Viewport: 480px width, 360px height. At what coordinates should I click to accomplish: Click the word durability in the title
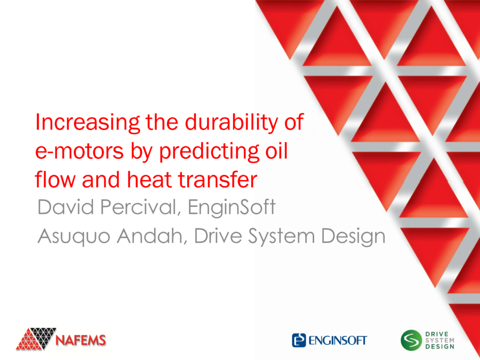pyautogui.click(x=224, y=124)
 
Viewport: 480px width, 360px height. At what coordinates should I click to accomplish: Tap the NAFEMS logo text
pyautogui.click(x=82, y=340)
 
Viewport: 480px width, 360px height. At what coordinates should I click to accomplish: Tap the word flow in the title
pyautogui.click(x=52, y=180)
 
